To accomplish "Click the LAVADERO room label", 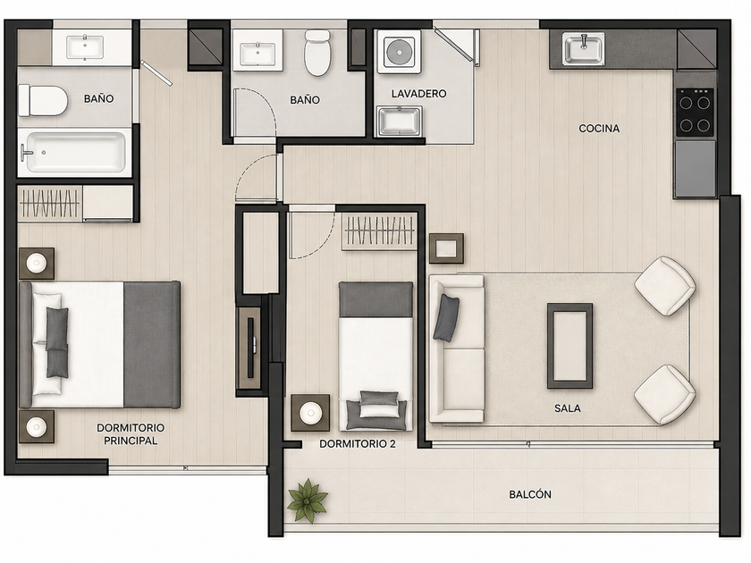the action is point(418,93).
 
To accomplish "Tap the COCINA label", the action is point(599,129).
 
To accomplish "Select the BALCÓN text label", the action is point(529,494).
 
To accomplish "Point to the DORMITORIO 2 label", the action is point(358,444).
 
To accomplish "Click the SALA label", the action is point(567,408).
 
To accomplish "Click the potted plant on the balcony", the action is point(307,500).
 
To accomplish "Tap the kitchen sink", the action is point(583,48).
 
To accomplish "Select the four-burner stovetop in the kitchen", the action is point(695,112).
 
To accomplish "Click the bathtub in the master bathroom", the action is point(76,152).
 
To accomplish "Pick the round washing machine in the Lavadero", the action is point(399,52).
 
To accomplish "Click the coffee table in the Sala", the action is point(570,345).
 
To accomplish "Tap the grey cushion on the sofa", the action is point(446,317).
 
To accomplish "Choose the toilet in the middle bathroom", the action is point(317,53).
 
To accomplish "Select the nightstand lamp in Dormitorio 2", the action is point(310,412).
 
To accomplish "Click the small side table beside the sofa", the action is point(446,248).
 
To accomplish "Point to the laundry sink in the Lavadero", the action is point(399,121).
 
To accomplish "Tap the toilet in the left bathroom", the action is point(42,100).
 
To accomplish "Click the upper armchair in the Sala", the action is point(665,286).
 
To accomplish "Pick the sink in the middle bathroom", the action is point(257,54).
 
